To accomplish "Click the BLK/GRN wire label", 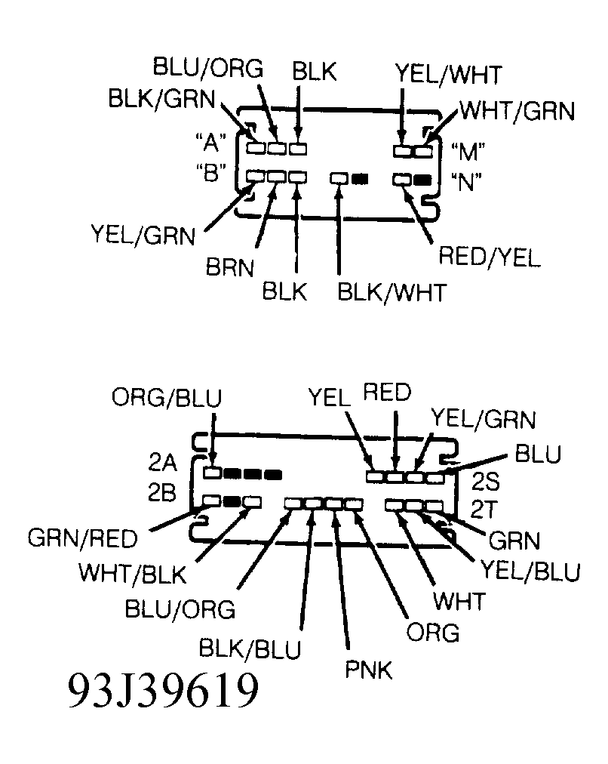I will coord(161,99).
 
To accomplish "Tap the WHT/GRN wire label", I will coord(517,111).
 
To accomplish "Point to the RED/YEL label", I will coord(489,257).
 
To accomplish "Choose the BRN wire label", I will coord(229,268).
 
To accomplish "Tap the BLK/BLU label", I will coord(250,648).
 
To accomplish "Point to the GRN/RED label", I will coord(83,539).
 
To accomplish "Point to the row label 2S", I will coord(484,482).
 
